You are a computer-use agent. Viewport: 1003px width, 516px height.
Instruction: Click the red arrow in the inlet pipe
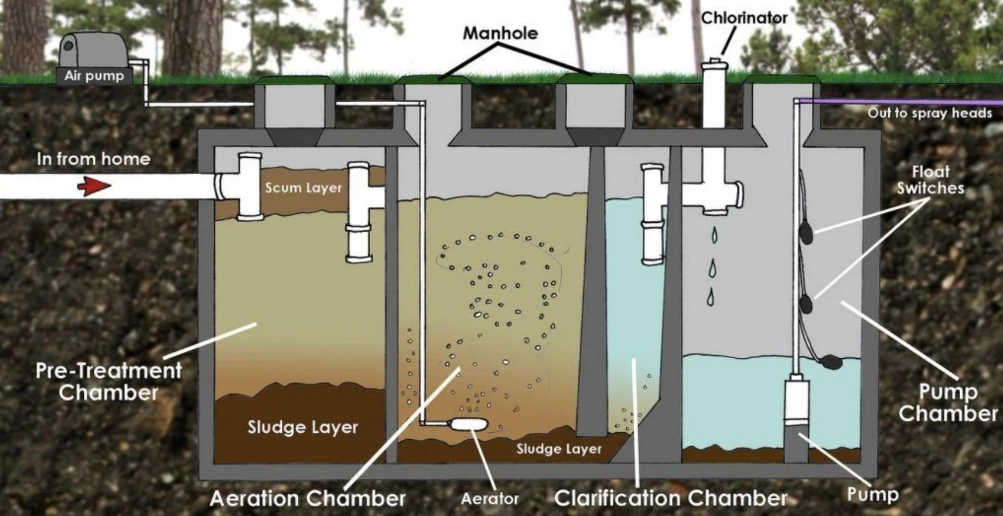coord(94,187)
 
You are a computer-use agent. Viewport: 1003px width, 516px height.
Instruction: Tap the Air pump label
coord(94,76)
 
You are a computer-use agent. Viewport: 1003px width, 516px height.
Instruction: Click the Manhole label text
coord(500,33)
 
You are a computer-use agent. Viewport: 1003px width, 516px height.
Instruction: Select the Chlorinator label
coord(744,18)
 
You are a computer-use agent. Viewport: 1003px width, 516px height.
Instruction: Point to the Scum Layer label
coord(303,188)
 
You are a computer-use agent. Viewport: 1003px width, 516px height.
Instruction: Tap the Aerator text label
coord(490,499)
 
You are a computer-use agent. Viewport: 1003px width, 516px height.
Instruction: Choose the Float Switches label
coord(930,179)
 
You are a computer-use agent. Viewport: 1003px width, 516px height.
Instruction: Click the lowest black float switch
coord(830,361)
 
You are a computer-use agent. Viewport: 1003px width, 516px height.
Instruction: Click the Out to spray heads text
coord(930,113)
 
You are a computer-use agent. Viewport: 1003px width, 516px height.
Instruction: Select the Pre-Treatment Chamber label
coord(108,381)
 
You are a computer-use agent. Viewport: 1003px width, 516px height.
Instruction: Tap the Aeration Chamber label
coord(308,498)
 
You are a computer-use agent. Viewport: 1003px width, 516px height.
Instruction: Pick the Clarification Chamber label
coord(671,498)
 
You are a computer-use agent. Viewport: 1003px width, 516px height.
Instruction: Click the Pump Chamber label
coord(948,402)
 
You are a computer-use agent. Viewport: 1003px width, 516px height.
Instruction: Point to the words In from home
coord(93,159)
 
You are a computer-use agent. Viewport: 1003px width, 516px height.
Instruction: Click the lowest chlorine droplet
coord(711,297)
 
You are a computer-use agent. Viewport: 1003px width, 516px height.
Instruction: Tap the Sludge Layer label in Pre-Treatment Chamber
coord(302,427)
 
